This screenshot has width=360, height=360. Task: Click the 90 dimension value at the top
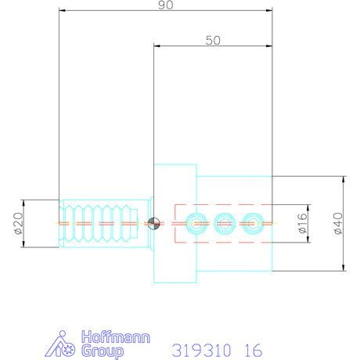coord(165,6)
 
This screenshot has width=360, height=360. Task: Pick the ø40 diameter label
coord(337,224)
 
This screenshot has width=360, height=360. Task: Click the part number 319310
coord(196,349)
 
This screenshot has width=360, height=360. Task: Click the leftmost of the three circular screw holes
coord(196,223)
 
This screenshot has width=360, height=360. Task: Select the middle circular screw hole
coord(223,223)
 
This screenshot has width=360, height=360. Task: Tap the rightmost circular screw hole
coord(250,223)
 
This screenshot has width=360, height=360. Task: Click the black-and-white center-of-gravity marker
coord(154,223)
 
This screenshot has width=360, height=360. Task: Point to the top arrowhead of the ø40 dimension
coord(344,178)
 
